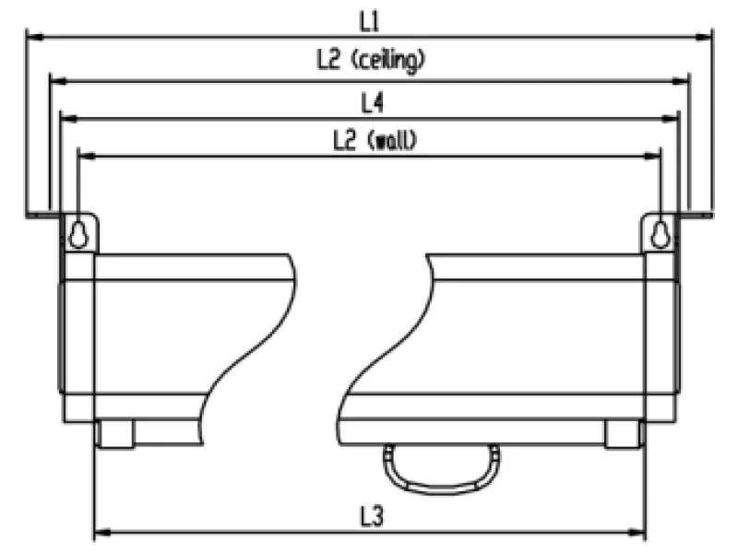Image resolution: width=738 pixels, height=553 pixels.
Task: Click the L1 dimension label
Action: point(370,21)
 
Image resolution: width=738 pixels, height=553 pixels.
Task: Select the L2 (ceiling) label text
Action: point(372,61)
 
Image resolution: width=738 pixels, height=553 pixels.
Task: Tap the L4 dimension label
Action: point(373,103)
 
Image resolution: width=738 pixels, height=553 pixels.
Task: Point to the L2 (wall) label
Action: point(375,140)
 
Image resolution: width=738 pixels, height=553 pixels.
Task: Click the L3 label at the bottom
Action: point(373,516)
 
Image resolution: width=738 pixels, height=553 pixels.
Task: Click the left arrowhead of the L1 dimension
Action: point(35,36)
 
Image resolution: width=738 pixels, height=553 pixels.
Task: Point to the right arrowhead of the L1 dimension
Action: point(704,36)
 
